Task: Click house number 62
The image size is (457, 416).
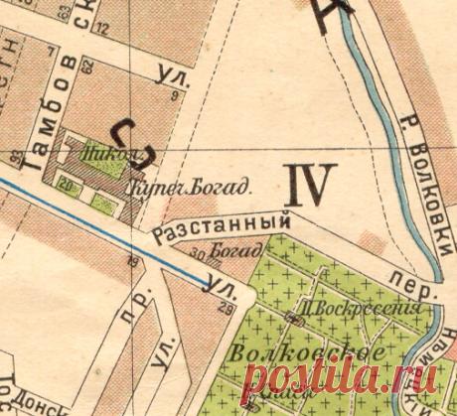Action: pyautogui.click(x=87, y=68)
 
